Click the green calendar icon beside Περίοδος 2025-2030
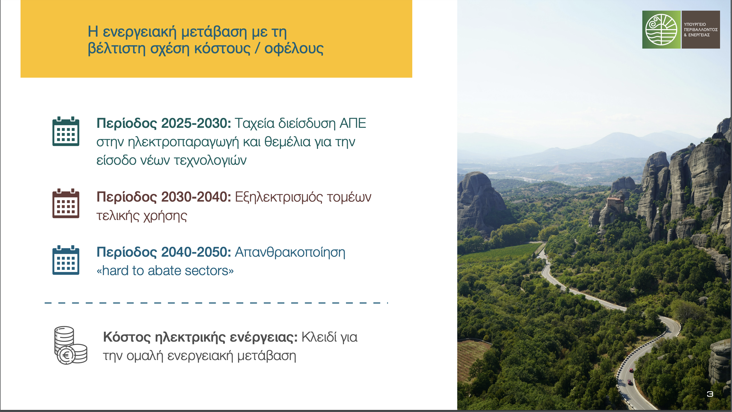[x=66, y=131]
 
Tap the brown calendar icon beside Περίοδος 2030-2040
[x=66, y=203]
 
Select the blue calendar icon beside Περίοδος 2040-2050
[x=66, y=260]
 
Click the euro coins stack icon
[x=71, y=345]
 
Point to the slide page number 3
[x=710, y=394]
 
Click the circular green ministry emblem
[x=661, y=30]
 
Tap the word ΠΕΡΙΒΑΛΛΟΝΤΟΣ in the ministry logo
[x=701, y=30]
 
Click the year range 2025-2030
[x=196, y=123]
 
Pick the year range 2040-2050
[x=196, y=252]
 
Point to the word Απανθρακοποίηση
[x=290, y=252]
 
